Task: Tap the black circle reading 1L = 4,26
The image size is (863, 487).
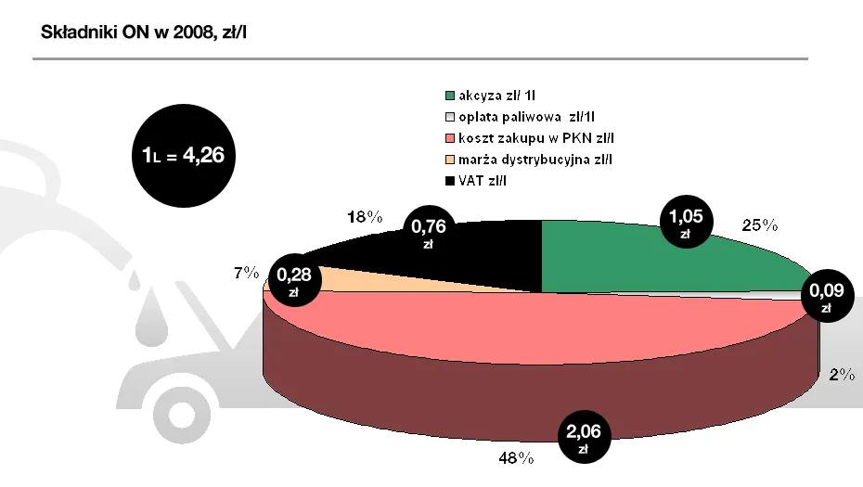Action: pos(183,156)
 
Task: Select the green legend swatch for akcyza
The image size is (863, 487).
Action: pos(450,95)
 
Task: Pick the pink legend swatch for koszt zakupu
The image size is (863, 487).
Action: pos(450,138)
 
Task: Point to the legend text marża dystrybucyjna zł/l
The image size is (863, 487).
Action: pos(535,160)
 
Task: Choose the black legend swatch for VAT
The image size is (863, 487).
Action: pos(450,181)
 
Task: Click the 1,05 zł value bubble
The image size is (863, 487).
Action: pos(686,224)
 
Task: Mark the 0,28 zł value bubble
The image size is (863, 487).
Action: pos(293,281)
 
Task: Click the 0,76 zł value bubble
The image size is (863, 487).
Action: pos(428,234)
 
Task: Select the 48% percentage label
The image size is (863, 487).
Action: pos(517,457)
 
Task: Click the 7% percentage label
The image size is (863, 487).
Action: pos(246,275)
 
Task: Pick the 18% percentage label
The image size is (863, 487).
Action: pos(364,217)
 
